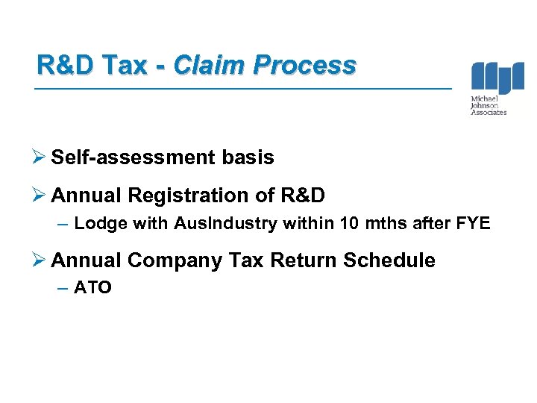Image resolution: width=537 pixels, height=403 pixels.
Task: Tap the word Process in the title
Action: click(x=304, y=66)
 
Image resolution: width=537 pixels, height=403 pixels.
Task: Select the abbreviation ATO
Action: click(x=93, y=287)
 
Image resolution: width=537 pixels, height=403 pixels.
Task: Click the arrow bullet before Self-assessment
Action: click(x=42, y=157)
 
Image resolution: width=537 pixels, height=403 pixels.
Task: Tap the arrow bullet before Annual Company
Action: click(x=42, y=260)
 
